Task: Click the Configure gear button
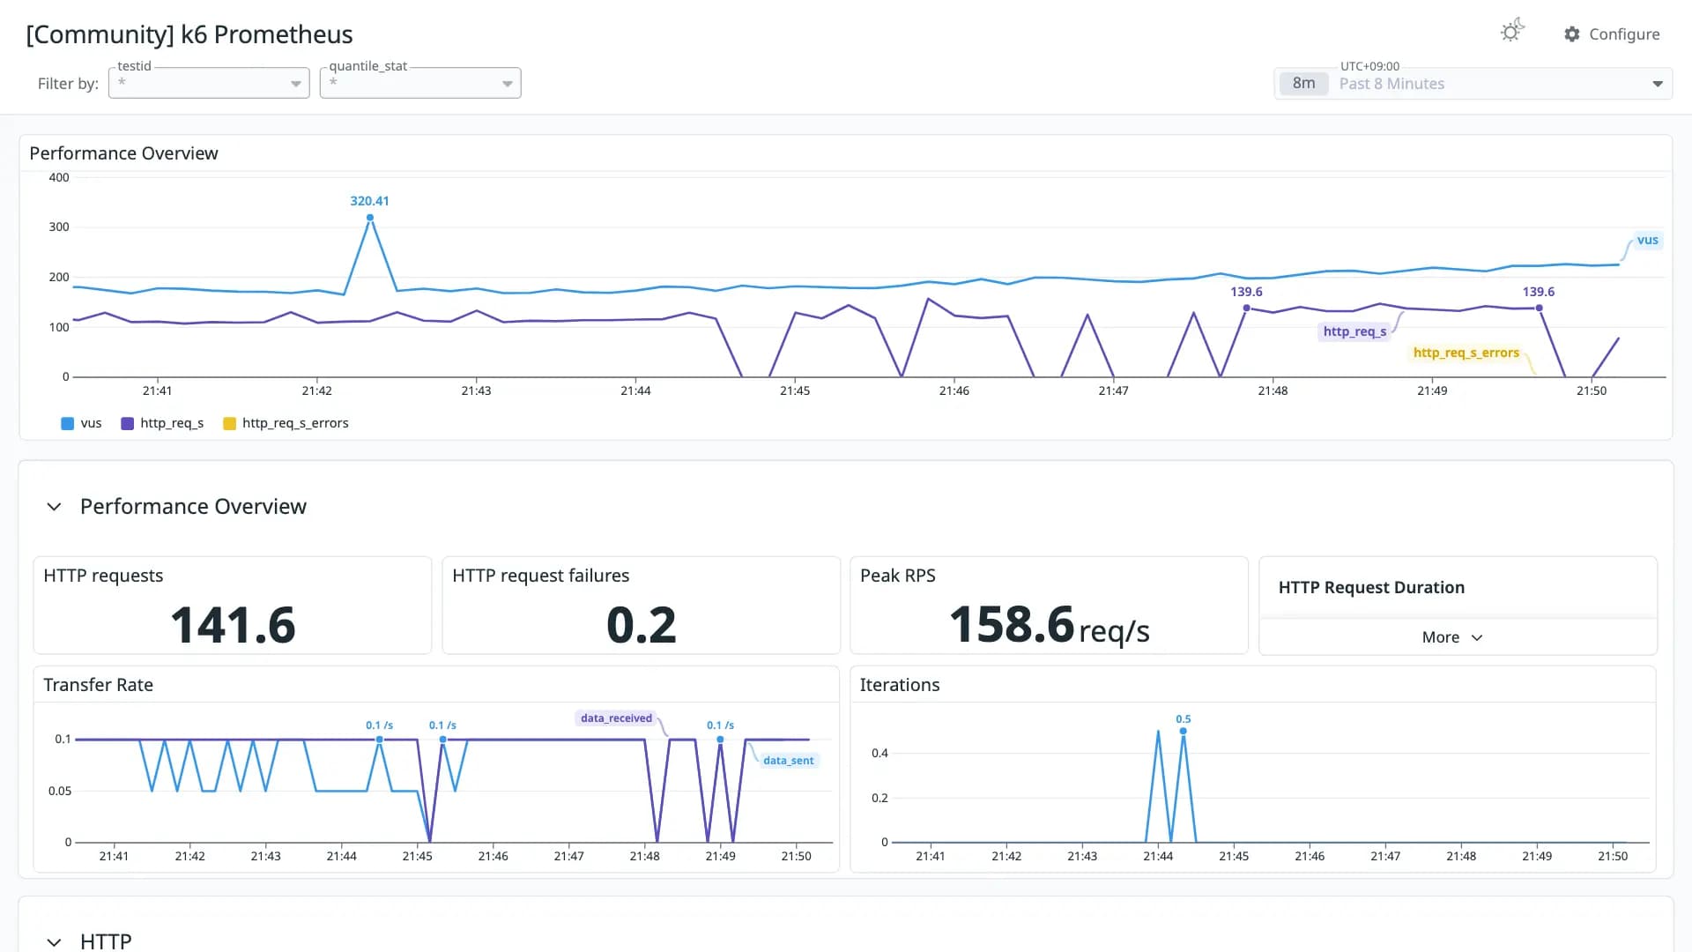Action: pyautogui.click(x=1611, y=34)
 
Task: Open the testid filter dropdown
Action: pyautogui.click(x=209, y=83)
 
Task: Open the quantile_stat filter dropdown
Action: pyautogui.click(x=420, y=83)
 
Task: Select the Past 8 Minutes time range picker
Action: pyautogui.click(x=1473, y=84)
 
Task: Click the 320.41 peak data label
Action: pyautogui.click(x=369, y=201)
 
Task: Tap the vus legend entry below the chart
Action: pyautogui.click(x=81, y=423)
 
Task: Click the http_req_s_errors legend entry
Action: pyautogui.click(x=286, y=423)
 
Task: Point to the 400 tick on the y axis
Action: pyautogui.click(x=59, y=177)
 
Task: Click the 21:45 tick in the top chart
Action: pyautogui.click(x=795, y=390)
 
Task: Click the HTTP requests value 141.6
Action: pyautogui.click(x=233, y=625)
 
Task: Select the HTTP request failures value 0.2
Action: pyautogui.click(x=642, y=625)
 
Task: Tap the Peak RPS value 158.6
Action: pyautogui.click(x=1012, y=624)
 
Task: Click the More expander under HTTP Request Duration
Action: pyautogui.click(x=1452, y=637)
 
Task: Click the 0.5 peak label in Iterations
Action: pyautogui.click(x=1184, y=719)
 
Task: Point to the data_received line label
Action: pyautogui.click(x=616, y=718)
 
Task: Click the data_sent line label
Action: pyautogui.click(x=789, y=761)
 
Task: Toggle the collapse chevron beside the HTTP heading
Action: pyautogui.click(x=54, y=942)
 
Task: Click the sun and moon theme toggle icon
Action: pyautogui.click(x=1512, y=31)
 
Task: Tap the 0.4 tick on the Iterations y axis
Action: pyautogui.click(x=879, y=753)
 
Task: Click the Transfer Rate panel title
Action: pyautogui.click(x=98, y=685)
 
